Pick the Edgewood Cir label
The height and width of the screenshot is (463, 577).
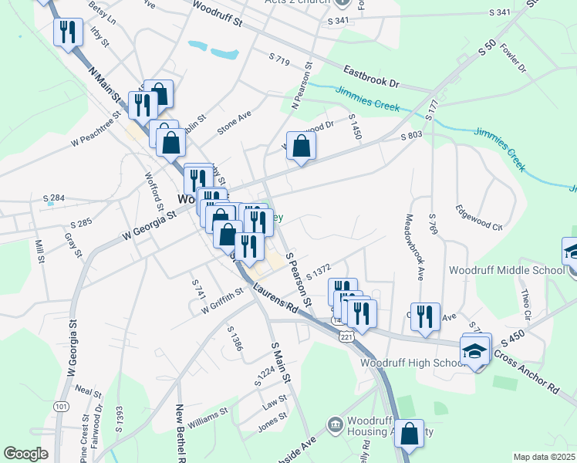(x=478, y=218)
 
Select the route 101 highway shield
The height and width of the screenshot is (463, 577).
(x=61, y=406)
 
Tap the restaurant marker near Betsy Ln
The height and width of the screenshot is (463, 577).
(x=68, y=32)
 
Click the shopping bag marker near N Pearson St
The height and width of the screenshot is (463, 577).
(x=301, y=145)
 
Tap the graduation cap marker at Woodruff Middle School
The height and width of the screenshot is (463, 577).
(x=572, y=252)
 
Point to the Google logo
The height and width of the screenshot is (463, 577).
(x=25, y=454)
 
